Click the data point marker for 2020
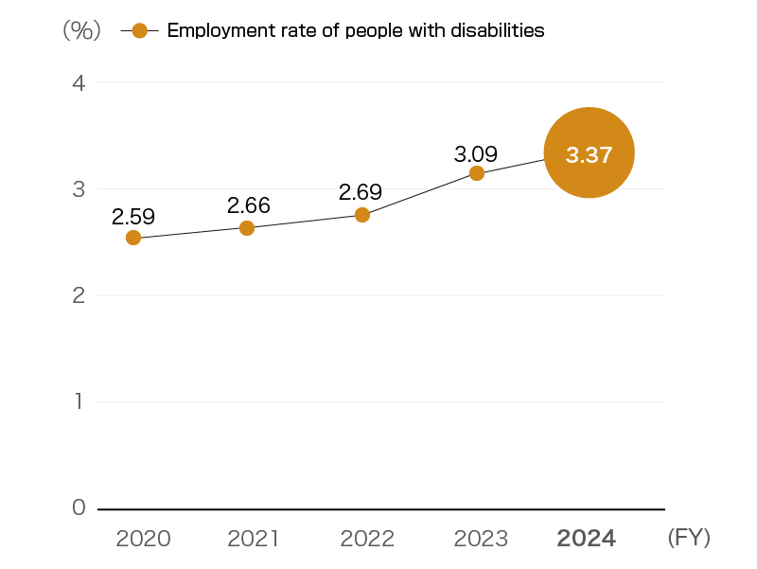click(x=133, y=238)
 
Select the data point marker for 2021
click(x=247, y=228)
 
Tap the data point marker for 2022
click(x=361, y=215)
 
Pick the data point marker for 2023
click(x=477, y=173)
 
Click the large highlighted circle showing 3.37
click(x=589, y=152)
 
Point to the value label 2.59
click(x=133, y=216)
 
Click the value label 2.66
click(x=248, y=205)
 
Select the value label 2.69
click(x=361, y=192)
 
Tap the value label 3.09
click(x=476, y=152)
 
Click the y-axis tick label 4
click(x=79, y=83)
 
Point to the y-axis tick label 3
click(x=79, y=189)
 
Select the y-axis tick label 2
click(x=79, y=295)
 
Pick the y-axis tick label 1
click(x=79, y=402)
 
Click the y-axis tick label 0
click(x=79, y=508)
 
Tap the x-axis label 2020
click(x=143, y=539)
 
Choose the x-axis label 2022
click(x=367, y=539)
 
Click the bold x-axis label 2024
click(x=587, y=539)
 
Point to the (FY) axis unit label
click(x=689, y=538)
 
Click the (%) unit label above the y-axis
click(x=81, y=30)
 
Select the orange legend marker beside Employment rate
click(x=140, y=30)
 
